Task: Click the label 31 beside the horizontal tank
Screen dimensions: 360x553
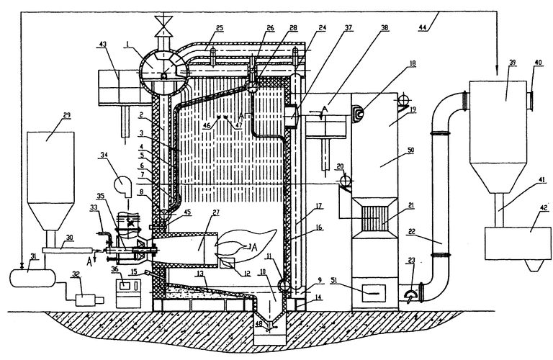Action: [x=9, y=259]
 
